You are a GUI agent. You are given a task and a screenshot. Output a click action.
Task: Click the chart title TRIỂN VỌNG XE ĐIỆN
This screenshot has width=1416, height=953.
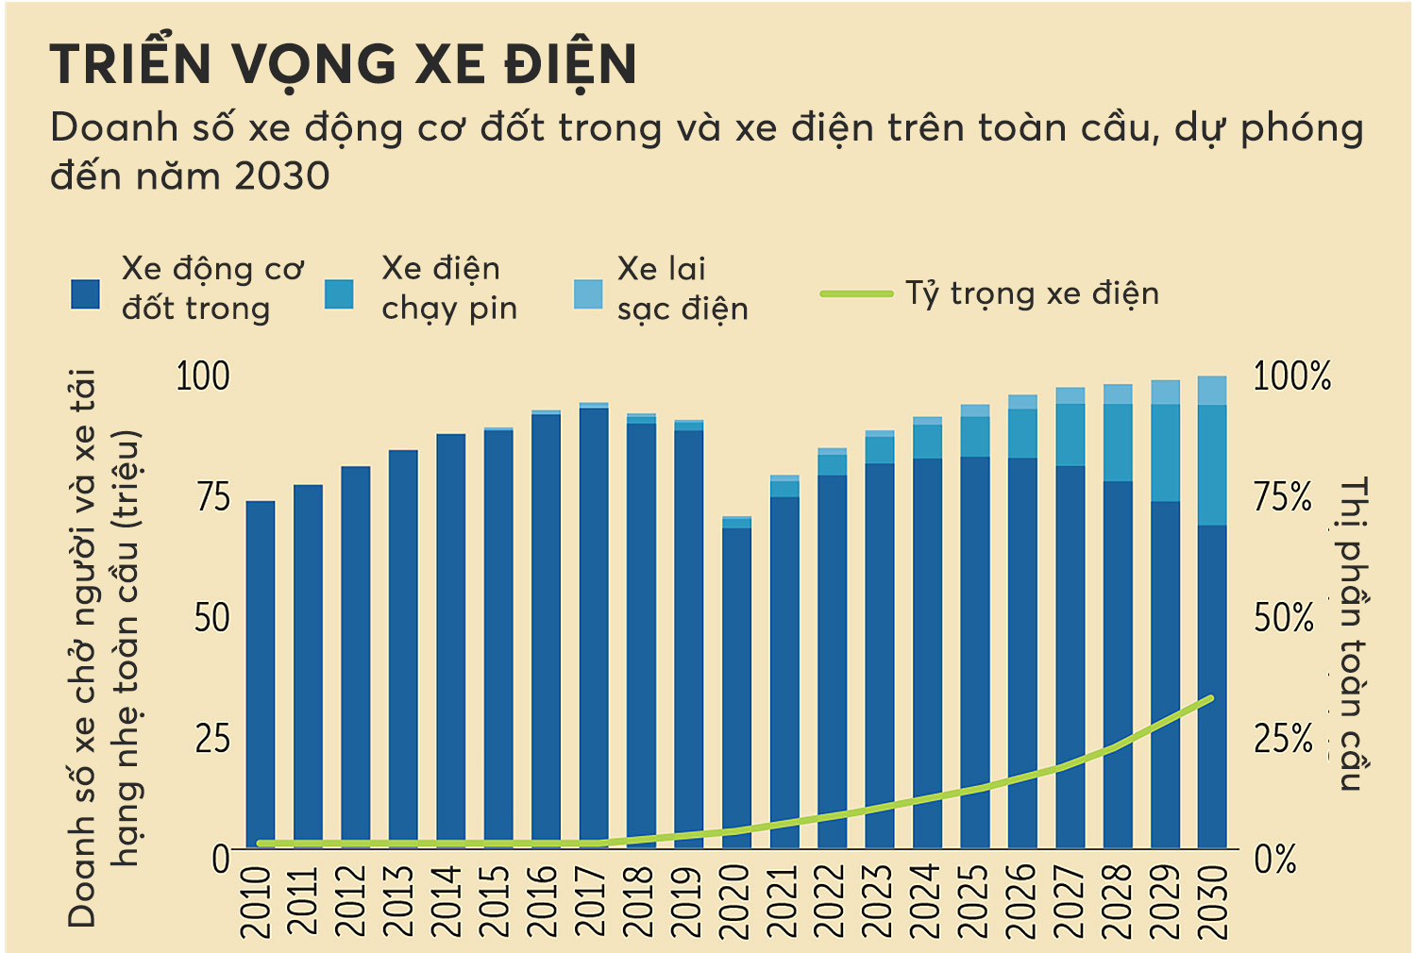click(x=344, y=65)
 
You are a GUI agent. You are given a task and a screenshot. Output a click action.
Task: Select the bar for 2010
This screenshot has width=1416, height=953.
click(x=261, y=675)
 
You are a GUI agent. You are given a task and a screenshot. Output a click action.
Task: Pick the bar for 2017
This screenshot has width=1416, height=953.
click(x=594, y=627)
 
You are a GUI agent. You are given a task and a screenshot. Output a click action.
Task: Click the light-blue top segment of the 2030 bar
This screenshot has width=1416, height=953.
click(x=1212, y=391)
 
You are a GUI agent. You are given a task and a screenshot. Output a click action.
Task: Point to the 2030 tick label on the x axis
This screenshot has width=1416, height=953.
click(x=1213, y=901)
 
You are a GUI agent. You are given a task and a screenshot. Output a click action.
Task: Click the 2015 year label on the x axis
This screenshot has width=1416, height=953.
click(x=497, y=901)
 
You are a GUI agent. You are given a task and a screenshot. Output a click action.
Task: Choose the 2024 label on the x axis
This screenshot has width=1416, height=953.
click(x=927, y=901)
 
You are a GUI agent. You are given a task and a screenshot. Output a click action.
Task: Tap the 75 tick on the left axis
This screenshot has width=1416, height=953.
click(x=213, y=497)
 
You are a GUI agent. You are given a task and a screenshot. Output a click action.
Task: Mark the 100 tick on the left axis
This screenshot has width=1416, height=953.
click(x=203, y=376)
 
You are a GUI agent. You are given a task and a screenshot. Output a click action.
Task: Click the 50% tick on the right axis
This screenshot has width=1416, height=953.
click(x=1284, y=618)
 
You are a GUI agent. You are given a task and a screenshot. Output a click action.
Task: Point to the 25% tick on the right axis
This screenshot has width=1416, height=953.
click(x=1284, y=739)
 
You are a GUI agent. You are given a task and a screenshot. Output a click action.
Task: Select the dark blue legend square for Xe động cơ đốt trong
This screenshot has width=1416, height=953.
click(x=86, y=294)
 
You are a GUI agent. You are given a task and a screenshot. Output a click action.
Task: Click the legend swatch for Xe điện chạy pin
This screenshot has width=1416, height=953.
click(x=339, y=294)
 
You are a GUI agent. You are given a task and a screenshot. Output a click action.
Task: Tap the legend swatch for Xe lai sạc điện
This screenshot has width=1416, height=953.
click(x=588, y=294)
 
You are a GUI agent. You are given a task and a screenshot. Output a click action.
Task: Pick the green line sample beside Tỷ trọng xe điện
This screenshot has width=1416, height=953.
click(x=856, y=294)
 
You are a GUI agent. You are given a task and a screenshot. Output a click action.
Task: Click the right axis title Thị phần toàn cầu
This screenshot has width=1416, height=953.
click(x=1353, y=632)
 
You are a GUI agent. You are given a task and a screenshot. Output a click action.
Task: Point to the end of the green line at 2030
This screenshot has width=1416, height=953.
click(x=1211, y=698)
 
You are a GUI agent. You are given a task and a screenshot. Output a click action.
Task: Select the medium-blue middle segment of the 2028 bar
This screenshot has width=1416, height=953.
click(x=1118, y=443)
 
